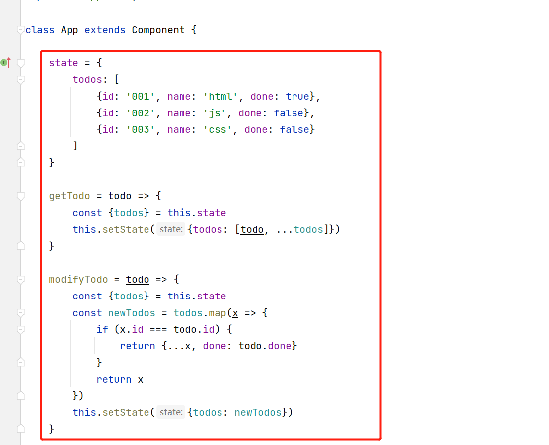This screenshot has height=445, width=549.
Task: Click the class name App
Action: (x=70, y=30)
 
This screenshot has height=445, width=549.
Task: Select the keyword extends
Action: (x=105, y=30)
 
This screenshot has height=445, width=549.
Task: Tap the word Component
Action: (x=158, y=30)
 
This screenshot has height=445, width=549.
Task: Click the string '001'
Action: (x=141, y=96)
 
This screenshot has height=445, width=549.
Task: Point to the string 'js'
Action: (x=214, y=113)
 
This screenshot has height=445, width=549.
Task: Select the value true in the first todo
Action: (x=297, y=96)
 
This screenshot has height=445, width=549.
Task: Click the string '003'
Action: (x=141, y=130)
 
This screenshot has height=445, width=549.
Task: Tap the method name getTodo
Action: (x=70, y=196)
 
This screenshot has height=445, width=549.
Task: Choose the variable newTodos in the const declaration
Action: (x=132, y=313)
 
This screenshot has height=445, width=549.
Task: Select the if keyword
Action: (x=102, y=330)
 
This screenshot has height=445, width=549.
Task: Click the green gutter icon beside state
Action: (x=4, y=63)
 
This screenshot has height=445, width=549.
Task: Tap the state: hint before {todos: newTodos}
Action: (x=171, y=412)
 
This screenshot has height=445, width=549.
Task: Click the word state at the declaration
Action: (x=64, y=63)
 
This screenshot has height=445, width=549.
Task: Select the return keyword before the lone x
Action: (x=114, y=380)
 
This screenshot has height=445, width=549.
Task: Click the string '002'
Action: (x=141, y=113)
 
